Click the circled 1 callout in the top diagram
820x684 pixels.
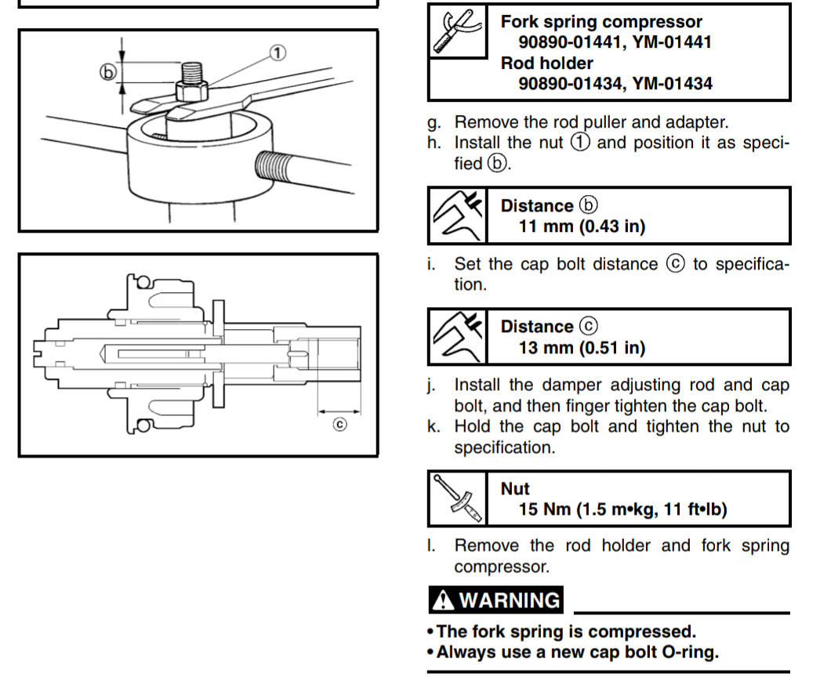[278, 52]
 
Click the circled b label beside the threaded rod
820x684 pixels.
[107, 72]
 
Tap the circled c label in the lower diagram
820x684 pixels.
[339, 425]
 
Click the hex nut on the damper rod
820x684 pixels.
[191, 91]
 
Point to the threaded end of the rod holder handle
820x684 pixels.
[271, 165]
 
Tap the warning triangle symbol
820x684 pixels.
[443, 600]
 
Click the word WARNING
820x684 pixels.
[510, 600]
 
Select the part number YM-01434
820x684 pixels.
[672, 84]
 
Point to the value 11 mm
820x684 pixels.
[546, 226]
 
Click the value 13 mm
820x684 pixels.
[546, 348]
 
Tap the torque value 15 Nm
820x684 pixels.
[544, 509]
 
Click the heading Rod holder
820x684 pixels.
[547, 63]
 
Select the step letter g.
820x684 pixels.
[434, 123]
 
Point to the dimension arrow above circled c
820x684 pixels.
[339, 412]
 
